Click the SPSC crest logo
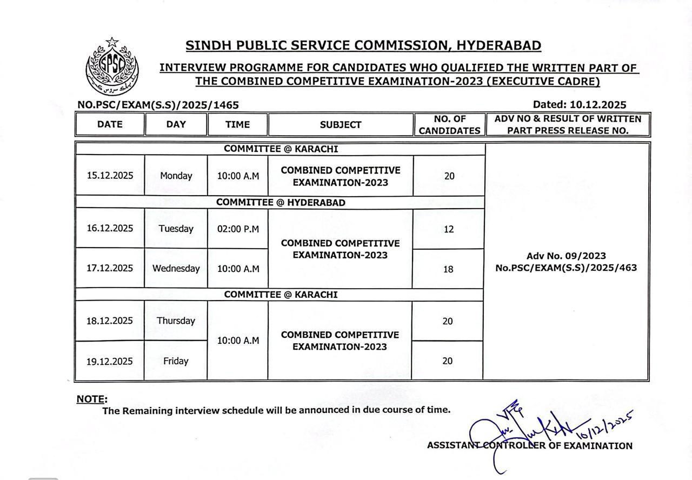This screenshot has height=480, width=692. (x=112, y=66)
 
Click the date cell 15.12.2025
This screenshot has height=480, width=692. (x=110, y=176)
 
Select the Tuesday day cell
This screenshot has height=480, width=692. (x=176, y=229)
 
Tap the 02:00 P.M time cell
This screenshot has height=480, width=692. (x=238, y=229)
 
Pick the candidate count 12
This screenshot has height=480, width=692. (x=448, y=229)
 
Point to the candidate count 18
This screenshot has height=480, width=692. (x=448, y=269)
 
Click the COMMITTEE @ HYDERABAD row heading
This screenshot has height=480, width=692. (x=281, y=203)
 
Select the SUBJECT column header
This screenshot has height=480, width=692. (x=341, y=125)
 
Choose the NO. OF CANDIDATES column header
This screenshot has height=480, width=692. (x=449, y=125)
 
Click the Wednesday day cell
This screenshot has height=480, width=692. (x=176, y=269)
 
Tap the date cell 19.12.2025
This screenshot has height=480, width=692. (x=110, y=361)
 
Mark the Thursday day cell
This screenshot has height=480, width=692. (x=176, y=321)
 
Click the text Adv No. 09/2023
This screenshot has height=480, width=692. (x=566, y=256)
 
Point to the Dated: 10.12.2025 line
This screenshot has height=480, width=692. (x=580, y=105)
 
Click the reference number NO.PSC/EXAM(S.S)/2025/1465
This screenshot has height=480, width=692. (x=158, y=105)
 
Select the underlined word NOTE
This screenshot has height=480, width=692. (x=91, y=399)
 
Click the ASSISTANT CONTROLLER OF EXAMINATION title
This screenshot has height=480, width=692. (x=529, y=446)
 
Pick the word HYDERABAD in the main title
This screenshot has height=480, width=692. (x=499, y=46)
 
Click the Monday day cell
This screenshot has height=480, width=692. (x=176, y=176)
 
